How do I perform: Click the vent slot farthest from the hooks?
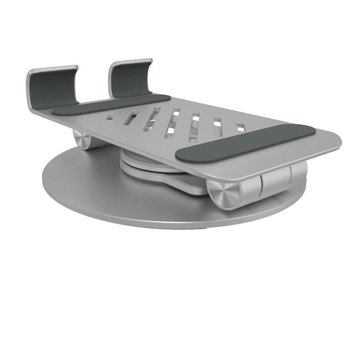240,127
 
